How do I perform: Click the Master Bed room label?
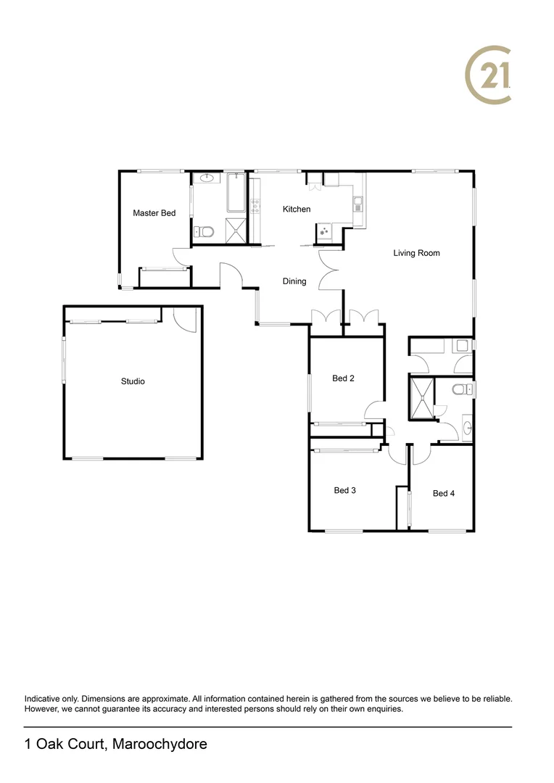coord(154,213)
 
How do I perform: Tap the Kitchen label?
coord(296,210)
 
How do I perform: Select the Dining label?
coord(294,281)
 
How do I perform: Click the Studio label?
coord(133,381)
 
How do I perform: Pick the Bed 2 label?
coord(343,378)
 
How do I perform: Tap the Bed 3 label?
coord(344,491)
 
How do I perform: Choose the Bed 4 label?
coord(443,494)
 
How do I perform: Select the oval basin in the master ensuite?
coord(206,178)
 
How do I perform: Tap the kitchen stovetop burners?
coord(323,232)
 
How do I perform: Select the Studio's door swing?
coord(185,318)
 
